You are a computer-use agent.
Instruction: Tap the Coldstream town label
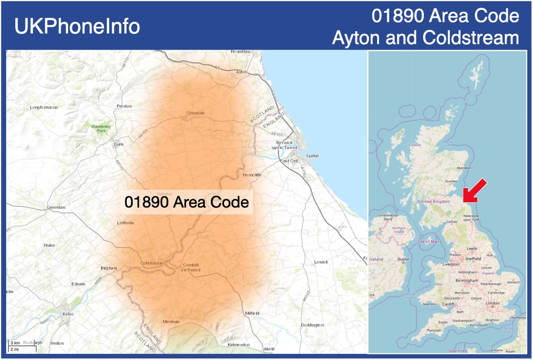pos(151,263)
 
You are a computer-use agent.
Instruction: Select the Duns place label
pos(119,144)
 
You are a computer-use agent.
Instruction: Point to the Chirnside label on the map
pos(195,113)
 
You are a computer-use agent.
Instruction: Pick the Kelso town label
pos(67,314)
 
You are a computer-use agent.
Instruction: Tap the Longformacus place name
pos(44,107)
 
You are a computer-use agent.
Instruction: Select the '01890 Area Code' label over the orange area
pos(187,202)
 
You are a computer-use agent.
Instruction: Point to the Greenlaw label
pos(56,207)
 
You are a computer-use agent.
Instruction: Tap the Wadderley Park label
pos(100,128)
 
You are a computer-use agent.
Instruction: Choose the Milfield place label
pos(251,313)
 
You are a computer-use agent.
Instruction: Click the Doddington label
pos(312,325)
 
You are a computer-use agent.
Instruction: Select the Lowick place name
pos(321,262)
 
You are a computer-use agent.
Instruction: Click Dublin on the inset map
pos(403,259)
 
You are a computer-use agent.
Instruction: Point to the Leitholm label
pos(125,223)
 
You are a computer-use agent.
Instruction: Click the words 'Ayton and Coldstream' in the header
pos(425,38)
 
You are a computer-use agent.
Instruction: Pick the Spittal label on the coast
pos(312,156)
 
